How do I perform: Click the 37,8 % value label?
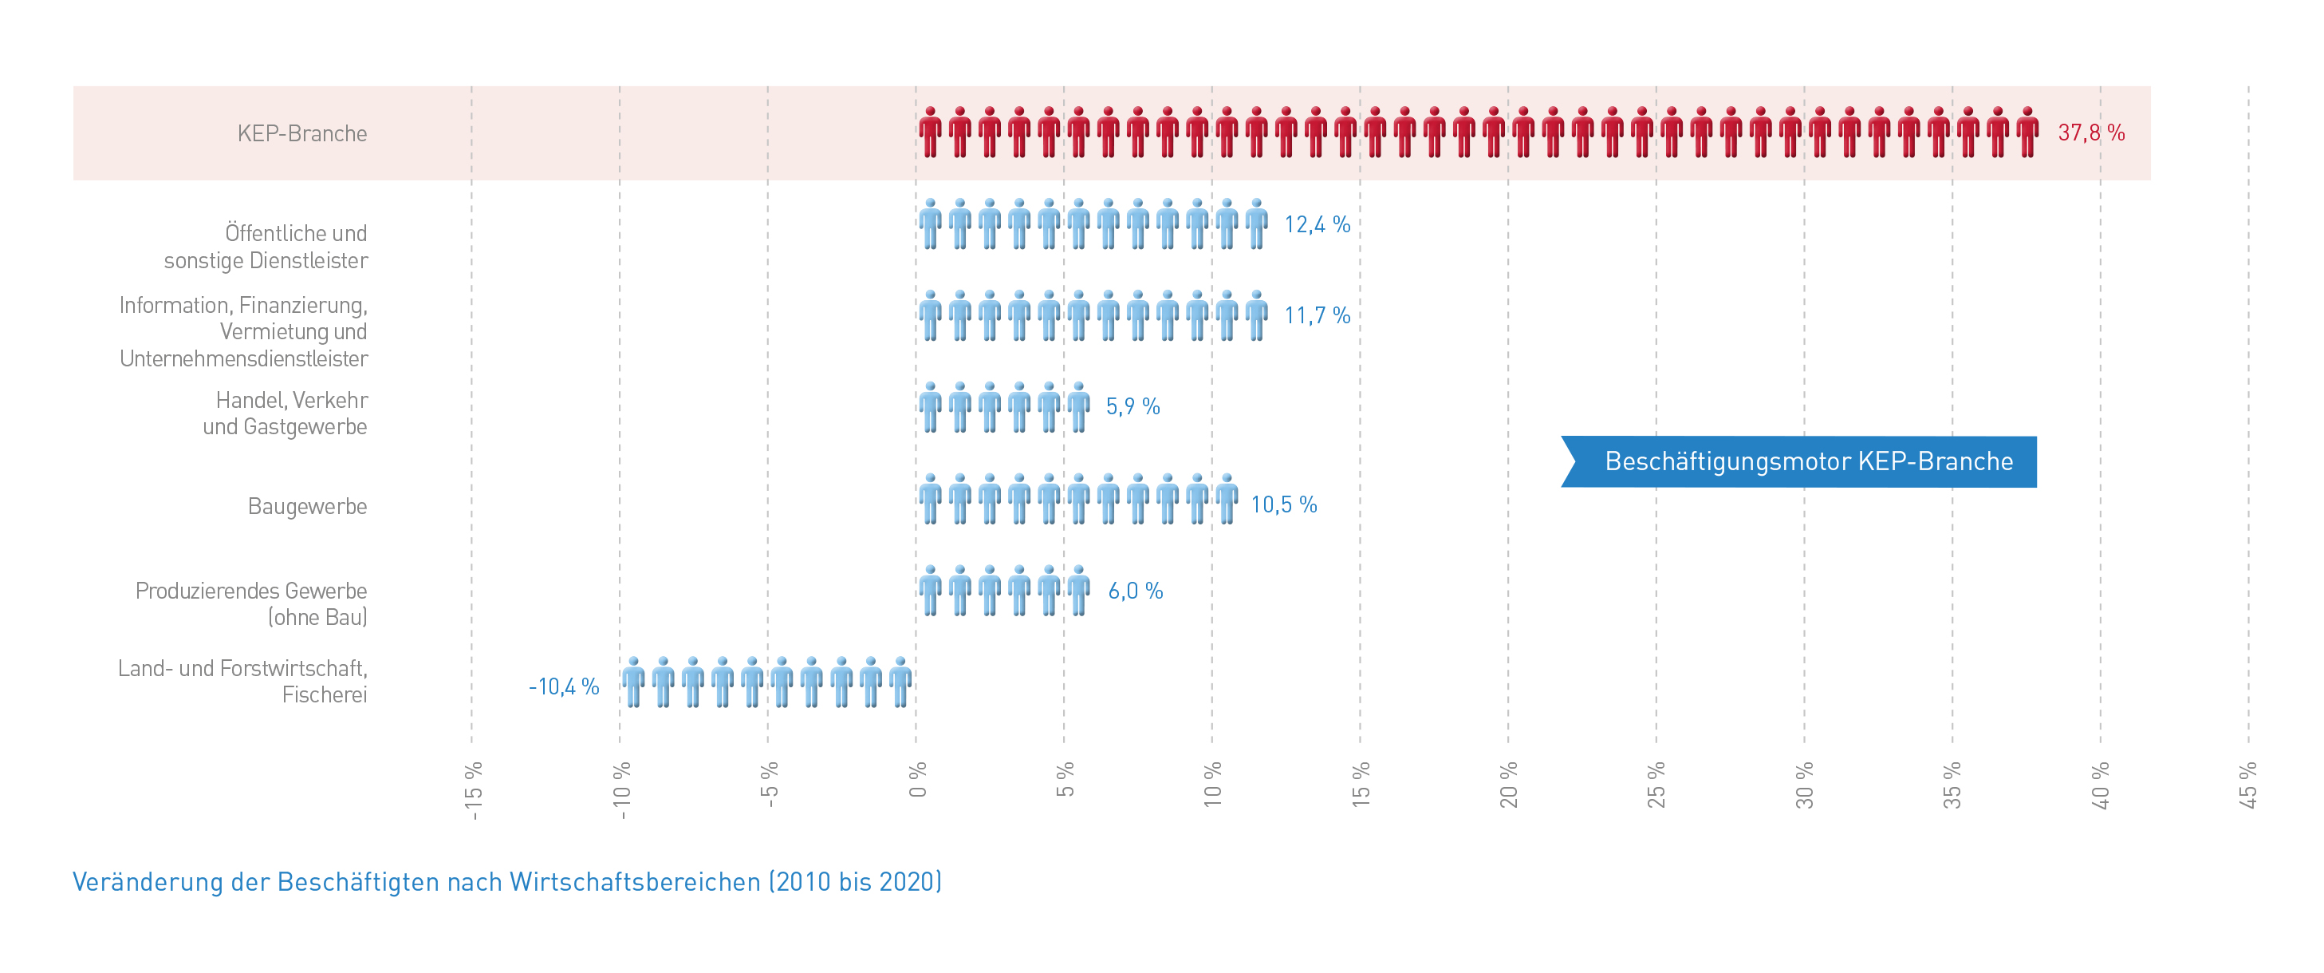pos(2090,133)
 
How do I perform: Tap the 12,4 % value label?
pos(1316,225)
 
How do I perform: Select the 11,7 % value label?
pos(1316,316)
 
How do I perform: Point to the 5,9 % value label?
pos(1132,407)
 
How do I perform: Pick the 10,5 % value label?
pos(1283,504)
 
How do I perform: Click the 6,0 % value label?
pos(1135,591)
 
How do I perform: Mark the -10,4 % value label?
pos(564,687)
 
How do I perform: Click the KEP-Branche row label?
pos(302,133)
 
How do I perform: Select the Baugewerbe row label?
pos(307,506)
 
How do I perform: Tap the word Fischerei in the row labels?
pos(324,695)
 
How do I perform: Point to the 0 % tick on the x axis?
pos(917,781)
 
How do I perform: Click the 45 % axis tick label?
pos(2248,785)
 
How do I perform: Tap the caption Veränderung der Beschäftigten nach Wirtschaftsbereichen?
pos(507,882)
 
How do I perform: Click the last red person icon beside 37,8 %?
pos(2027,133)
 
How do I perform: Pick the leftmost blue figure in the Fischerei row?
pos(633,682)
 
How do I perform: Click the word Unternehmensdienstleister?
pos(243,359)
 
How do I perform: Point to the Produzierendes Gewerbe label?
pos(250,591)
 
